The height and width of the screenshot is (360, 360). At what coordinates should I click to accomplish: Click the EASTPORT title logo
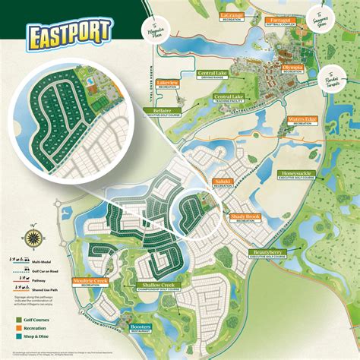(68, 33)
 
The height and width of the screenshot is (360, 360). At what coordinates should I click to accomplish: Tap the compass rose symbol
(33, 237)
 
